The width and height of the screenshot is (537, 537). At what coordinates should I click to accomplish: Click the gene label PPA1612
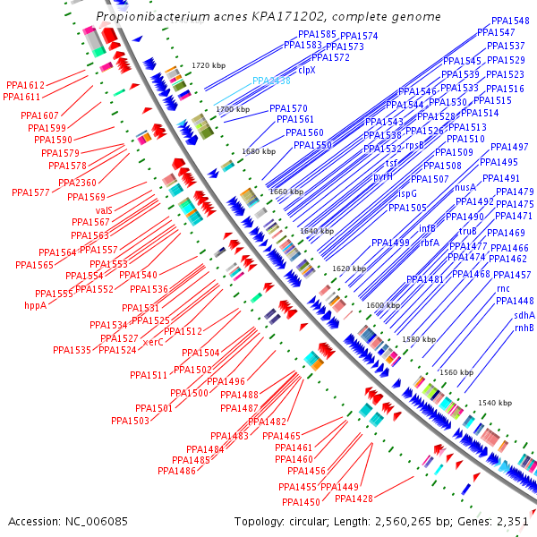(25, 85)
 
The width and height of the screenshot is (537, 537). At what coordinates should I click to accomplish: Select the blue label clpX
(307, 69)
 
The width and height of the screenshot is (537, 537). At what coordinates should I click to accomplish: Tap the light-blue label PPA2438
(271, 81)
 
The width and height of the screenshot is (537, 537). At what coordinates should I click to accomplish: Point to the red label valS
(103, 209)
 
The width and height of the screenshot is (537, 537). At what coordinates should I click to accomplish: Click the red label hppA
(35, 305)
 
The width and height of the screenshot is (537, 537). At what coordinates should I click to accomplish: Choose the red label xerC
(153, 342)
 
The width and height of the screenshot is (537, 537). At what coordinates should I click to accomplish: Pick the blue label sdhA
(524, 315)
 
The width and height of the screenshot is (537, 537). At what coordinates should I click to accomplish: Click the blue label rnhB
(524, 328)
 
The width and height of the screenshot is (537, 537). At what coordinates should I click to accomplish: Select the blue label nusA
(465, 188)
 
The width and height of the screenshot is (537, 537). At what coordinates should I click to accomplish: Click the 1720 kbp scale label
(209, 65)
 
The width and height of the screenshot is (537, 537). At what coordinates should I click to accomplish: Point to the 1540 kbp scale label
(495, 404)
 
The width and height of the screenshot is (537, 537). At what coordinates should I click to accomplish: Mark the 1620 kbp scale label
(349, 268)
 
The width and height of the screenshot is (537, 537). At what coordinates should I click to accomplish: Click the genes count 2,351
(513, 521)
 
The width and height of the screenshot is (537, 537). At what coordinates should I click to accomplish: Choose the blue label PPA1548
(510, 21)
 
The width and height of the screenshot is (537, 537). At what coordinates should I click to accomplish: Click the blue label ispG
(407, 192)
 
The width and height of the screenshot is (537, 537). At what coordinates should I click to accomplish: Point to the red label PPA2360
(77, 183)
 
